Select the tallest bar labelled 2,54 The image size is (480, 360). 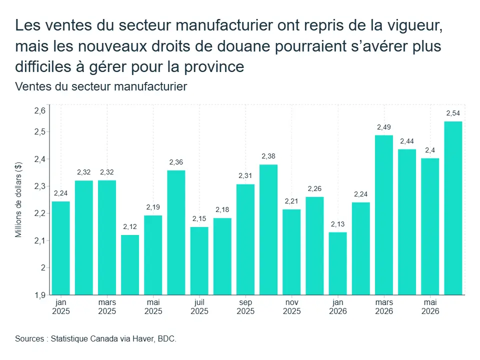453,208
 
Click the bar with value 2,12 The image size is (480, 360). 130,265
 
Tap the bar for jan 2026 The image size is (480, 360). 338,263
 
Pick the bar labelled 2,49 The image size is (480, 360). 384,215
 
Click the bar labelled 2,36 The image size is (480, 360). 176,232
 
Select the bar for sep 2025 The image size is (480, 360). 245,239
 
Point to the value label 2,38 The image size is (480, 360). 268,156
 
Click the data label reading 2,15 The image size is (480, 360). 199,218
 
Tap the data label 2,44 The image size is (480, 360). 407,141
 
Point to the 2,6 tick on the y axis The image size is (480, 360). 40,110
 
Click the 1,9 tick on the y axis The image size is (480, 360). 40,295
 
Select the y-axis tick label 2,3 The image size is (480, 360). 40,186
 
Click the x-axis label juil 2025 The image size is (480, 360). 199,306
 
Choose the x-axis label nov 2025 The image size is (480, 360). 291,306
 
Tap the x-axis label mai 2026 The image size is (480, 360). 430,306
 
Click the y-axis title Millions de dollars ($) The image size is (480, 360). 18,199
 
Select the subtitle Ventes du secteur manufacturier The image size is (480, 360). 101,86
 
